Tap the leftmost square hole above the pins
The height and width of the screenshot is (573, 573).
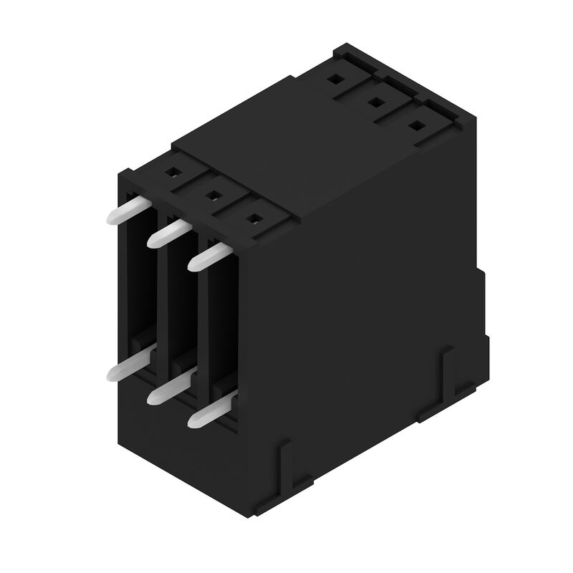172,172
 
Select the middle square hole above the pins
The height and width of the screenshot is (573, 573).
212,193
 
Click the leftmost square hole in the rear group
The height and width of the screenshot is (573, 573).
334,81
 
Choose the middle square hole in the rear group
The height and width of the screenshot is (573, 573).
374,103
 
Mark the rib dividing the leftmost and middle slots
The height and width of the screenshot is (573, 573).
161,294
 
